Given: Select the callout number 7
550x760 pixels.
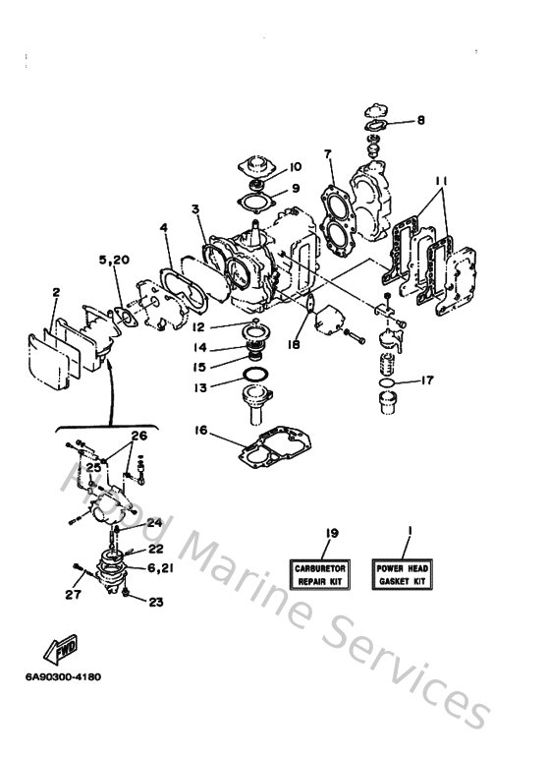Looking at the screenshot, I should (328, 154).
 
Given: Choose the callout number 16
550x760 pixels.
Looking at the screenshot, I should (200, 430).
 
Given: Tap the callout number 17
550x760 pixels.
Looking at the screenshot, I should (427, 380).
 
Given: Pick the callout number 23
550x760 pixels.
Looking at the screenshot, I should (153, 603).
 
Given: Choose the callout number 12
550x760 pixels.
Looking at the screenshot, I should (197, 326).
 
